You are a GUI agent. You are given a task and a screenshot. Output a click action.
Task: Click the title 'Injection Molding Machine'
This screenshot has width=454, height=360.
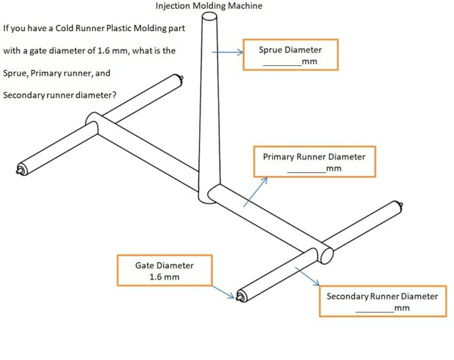coord(208,6)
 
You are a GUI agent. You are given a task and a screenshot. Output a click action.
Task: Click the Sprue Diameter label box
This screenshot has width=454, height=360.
coord(291,55)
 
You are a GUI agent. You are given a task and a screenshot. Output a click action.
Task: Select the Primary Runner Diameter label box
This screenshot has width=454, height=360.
coord(314,162)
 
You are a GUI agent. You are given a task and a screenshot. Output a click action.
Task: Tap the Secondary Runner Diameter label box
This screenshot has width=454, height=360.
coord(382,301)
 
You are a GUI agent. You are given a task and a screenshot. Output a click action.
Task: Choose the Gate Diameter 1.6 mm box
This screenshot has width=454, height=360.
coord(165,270)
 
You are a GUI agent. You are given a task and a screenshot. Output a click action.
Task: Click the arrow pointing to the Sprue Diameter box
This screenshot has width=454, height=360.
coord(227,52)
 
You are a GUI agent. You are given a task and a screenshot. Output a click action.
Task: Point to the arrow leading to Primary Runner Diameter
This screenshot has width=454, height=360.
coord(256,191)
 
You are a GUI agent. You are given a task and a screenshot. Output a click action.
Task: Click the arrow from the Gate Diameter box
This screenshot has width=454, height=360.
coord(223,292)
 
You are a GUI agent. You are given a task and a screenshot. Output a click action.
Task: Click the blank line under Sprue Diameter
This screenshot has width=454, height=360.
coord(282,63)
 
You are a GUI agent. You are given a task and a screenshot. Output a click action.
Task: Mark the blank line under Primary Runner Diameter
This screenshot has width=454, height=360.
coord(306,170)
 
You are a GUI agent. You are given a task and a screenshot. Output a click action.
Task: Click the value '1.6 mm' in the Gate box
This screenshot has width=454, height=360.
coord(165,277)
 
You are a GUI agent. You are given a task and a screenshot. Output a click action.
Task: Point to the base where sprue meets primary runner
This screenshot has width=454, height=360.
coord(208,195)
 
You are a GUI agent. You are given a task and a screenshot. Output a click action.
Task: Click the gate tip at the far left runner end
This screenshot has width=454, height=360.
coord(18,173)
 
